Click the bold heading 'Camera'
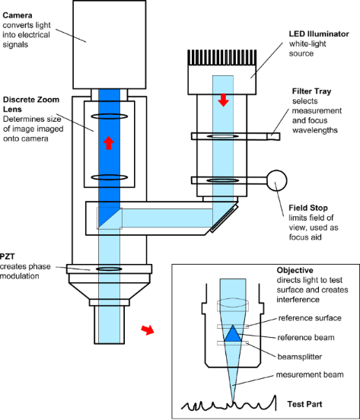tap(18, 15)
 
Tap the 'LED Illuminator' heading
tap(319, 34)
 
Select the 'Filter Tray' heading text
tap(312, 91)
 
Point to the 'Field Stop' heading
tap(308, 208)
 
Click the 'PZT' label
tap(8, 256)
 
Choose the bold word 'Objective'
tap(295, 270)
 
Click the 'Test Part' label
tap(305, 404)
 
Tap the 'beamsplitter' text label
tap(300, 357)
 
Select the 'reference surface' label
tap(310, 318)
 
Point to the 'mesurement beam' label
tap(310, 374)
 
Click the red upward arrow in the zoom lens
tap(109, 143)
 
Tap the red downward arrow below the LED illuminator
tap(224, 100)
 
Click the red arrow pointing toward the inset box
tap(148, 330)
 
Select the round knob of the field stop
tap(277, 180)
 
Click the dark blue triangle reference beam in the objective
tap(233, 333)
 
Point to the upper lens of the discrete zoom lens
tap(110, 116)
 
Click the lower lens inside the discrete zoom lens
tap(110, 177)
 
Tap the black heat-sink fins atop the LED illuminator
tap(222, 58)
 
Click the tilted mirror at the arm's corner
tap(225, 218)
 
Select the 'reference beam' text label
tap(306, 338)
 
